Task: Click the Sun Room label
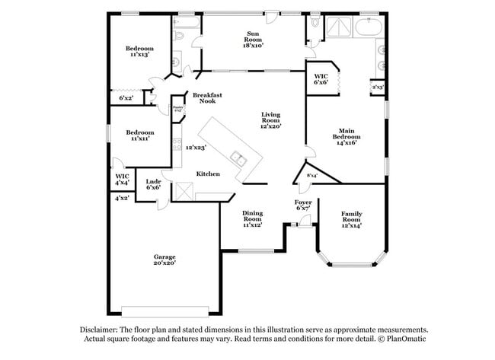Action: click(254, 38)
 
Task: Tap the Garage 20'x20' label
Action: click(164, 260)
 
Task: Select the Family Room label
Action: click(351, 219)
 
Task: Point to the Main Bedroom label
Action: click(345, 136)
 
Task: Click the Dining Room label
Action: click(252, 219)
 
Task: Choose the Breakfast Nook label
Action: click(207, 99)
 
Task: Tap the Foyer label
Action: click(303, 205)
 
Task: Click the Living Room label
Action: click(270, 120)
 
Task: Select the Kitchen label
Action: click(208, 174)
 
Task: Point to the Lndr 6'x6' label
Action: click(153, 183)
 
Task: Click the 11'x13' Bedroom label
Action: click(139, 51)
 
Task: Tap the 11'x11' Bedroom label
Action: click(139, 136)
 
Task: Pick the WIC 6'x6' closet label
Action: click(321, 78)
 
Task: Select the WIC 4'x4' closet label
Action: click(122, 180)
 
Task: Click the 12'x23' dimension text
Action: click(196, 148)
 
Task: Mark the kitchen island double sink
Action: click(239, 160)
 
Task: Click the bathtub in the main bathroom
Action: click(369, 29)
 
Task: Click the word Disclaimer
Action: click(101, 330)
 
